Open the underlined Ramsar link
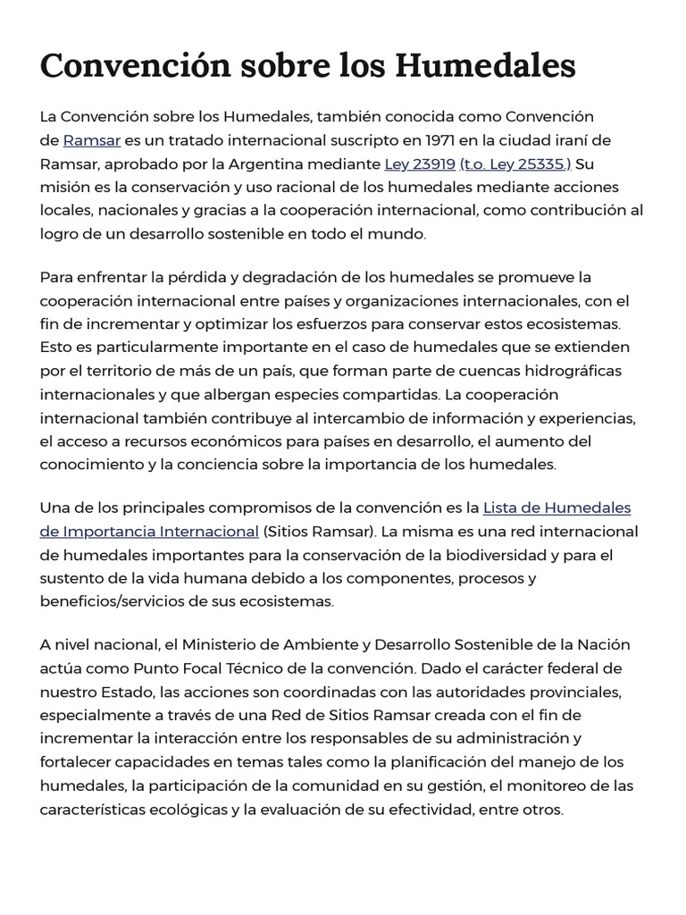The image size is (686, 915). click(x=92, y=140)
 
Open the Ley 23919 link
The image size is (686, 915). click(x=419, y=164)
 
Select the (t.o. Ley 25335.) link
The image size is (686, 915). click(x=515, y=164)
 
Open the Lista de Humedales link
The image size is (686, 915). click(x=556, y=508)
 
